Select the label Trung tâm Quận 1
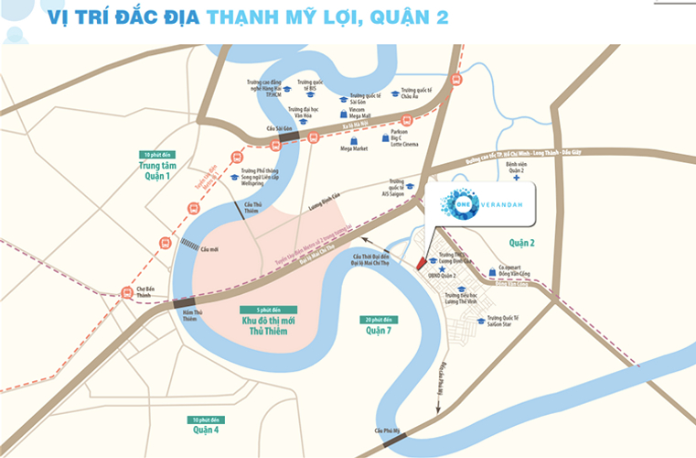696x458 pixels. pyautogui.click(x=156, y=171)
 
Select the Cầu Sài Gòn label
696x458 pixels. pyautogui.click(x=278, y=129)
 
